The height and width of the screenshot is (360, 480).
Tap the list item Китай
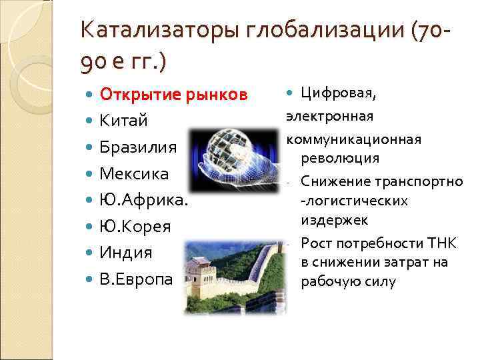pyautogui.click(x=123, y=121)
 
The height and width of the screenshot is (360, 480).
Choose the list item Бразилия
pyautogui.click(x=138, y=147)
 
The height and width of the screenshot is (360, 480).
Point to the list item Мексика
pyautogui.click(x=134, y=174)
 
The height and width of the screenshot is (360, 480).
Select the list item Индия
pyautogui.click(x=126, y=253)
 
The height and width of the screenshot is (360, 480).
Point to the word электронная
pyautogui.click(x=329, y=117)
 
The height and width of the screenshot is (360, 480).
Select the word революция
pyautogui.click(x=340, y=158)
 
